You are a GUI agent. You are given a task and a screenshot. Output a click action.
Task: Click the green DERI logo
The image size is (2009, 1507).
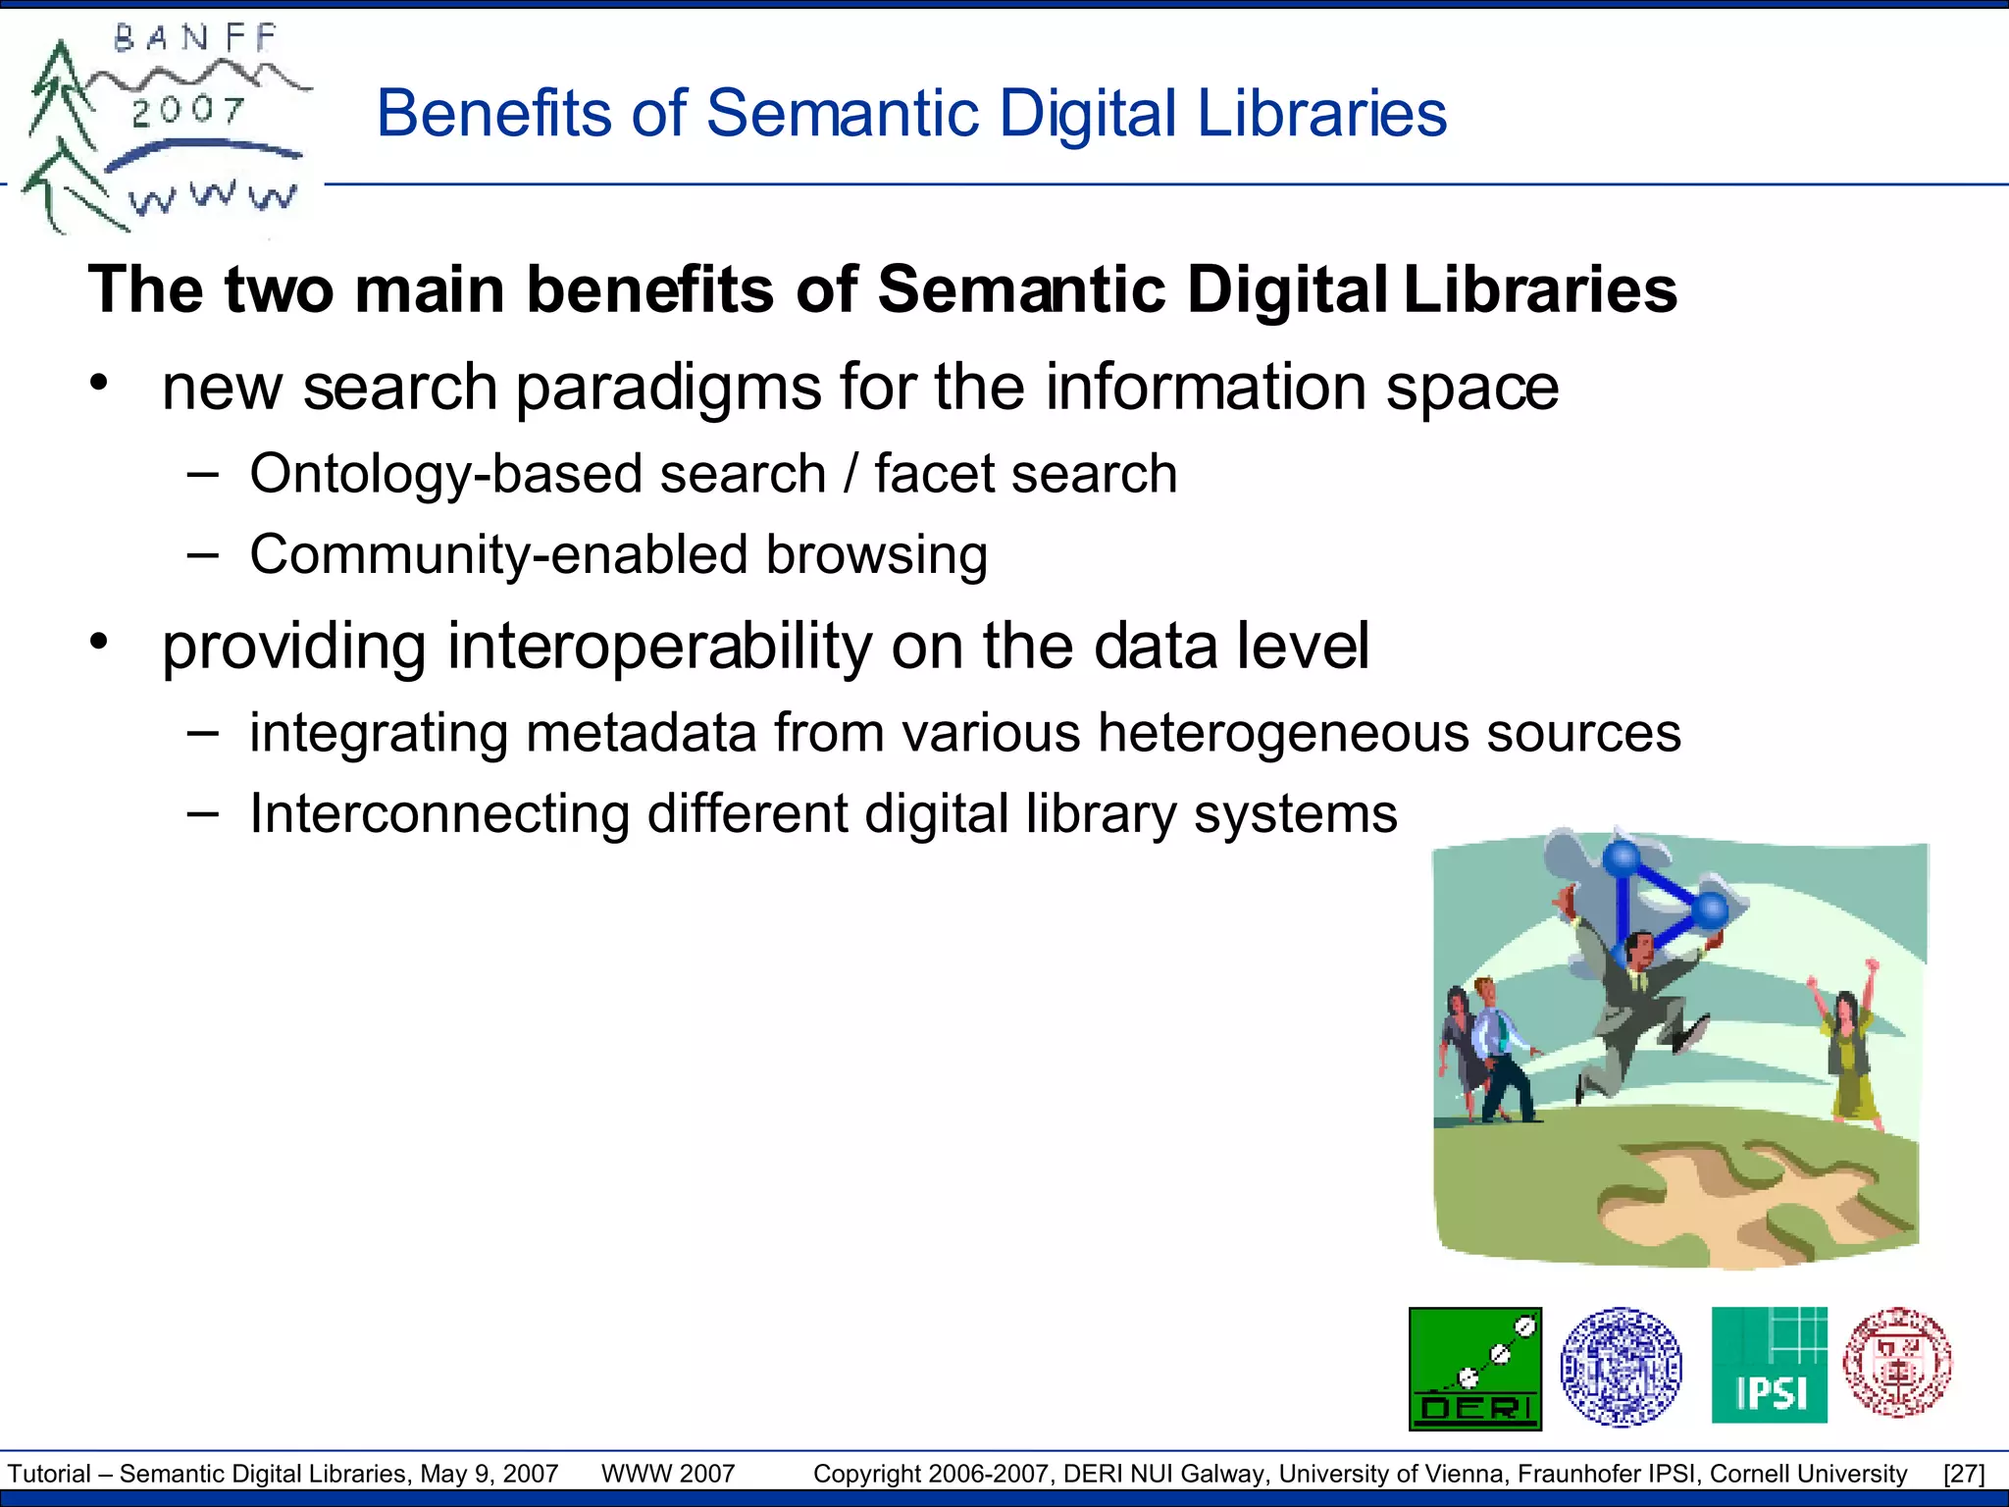pos(1474,1369)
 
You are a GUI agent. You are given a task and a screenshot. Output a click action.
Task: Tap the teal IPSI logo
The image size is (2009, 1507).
pos(1769,1365)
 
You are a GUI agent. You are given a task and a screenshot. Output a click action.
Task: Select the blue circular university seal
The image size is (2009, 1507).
pos(1621,1366)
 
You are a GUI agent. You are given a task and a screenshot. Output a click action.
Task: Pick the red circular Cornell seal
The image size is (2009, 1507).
pos(1897,1362)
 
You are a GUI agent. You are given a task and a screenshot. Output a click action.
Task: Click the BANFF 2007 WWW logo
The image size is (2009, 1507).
pos(162,128)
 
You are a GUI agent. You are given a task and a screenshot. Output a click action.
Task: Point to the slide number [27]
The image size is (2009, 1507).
pos(1963,1474)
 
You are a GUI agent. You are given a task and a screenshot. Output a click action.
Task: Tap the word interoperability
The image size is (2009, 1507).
pos(659,647)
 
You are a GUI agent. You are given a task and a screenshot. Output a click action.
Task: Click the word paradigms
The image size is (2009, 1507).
pos(668,388)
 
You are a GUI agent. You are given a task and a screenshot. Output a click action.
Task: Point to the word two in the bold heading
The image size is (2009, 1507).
pos(278,289)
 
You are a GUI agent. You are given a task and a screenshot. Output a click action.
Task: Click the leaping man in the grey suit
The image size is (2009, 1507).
pos(1638,1011)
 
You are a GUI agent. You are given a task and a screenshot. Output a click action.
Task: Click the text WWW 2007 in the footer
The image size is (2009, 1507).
pos(668,1474)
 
